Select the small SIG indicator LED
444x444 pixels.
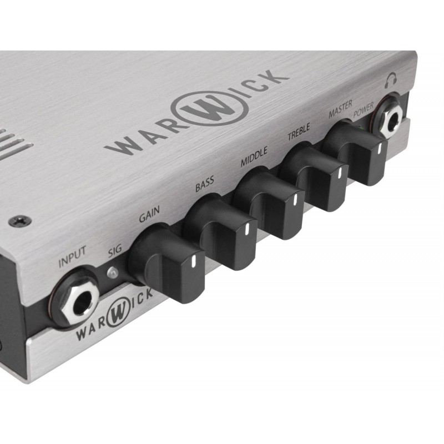[x=113, y=272]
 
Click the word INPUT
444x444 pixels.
[x=72, y=259]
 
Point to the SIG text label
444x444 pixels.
[x=114, y=250]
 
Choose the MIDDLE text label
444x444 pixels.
[x=254, y=157]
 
